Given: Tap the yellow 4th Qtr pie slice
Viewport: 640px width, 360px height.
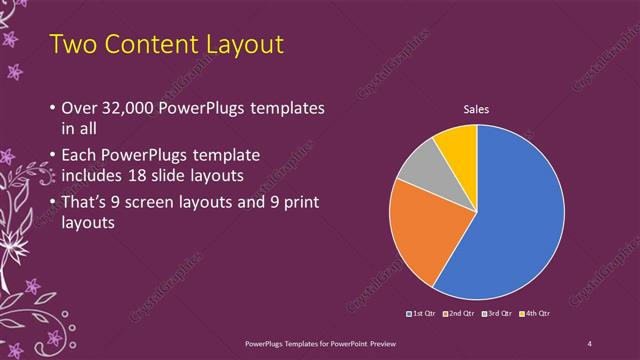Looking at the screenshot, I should (458, 146).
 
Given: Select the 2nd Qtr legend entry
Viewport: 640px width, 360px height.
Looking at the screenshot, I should (458, 313).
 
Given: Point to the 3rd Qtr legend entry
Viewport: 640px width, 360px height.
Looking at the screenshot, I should (495, 313).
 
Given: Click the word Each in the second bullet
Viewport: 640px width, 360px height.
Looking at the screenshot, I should (80, 157).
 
